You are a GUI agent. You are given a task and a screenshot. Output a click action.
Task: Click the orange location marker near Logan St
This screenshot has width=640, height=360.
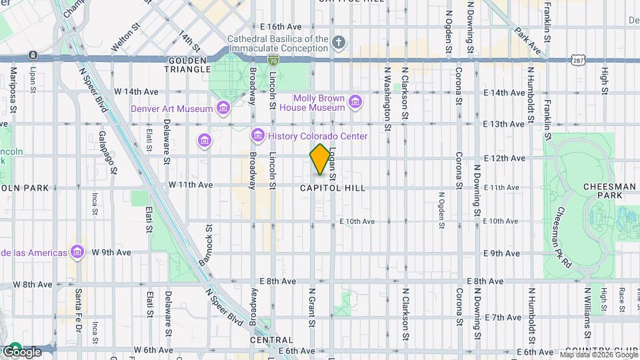point(320,160)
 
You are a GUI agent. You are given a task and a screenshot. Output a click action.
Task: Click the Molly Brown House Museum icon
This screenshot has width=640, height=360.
point(355,102)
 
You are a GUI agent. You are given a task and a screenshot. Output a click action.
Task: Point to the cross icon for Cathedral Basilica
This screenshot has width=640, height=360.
point(339,43)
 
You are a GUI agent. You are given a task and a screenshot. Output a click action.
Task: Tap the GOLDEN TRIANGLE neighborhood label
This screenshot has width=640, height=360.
point(189,65)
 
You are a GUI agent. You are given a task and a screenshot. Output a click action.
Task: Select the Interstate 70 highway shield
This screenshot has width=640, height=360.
point(273,60)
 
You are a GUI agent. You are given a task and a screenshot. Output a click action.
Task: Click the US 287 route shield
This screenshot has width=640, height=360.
point(577,60)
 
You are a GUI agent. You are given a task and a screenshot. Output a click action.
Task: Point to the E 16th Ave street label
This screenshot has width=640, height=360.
point(281,27)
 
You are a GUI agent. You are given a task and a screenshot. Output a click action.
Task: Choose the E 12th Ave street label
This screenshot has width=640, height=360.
point(505,158)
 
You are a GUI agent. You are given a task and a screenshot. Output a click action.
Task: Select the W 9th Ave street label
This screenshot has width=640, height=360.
point(111,253)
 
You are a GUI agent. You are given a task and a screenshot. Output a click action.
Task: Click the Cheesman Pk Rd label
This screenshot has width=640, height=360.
point(563,228)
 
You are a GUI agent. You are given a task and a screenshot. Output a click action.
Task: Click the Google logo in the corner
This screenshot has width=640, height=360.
point(21,351)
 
